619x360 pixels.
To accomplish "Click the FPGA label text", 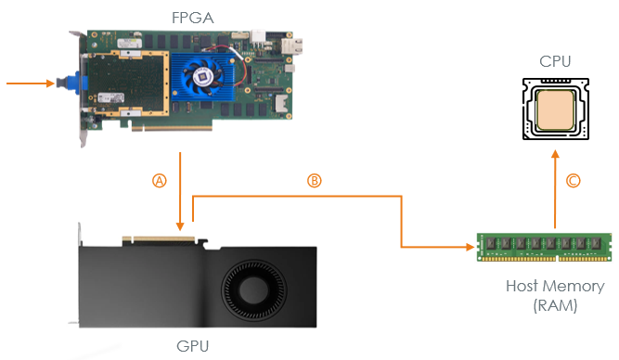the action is pyautogui.click(x=193, y=18).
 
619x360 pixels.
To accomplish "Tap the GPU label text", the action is pyautogui.click(x=193, y=346).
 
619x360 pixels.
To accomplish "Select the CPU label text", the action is pyautogui.click(x=555, y=61).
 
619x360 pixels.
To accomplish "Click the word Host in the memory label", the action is pyautogui.click(x=522, y=286).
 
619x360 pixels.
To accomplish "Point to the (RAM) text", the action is pyautogui.click(x=555, y=305).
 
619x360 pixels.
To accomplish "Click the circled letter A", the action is pyautogui.click(x=160, y=181).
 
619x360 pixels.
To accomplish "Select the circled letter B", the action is pyautogui.click(x=315, y=180).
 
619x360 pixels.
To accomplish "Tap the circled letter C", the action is pyautogui.click(x=574, y=181).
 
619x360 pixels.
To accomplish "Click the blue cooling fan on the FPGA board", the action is pyautogui.click(x=202, y=77).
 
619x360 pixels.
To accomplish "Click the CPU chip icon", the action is pyautogui.click(x=556, y=109).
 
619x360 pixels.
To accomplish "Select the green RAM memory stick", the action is pyautogui.click(x=544, y=247).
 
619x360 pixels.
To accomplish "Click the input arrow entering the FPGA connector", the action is pyautogui.click(x=31, y=84).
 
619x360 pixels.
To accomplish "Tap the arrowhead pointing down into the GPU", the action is pyautogui.click(x=180, y=226).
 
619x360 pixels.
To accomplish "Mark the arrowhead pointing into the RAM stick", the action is pyautogui.click(x=471, y=248).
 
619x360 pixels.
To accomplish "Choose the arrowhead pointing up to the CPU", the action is pyautogui.click(x=556, y=154).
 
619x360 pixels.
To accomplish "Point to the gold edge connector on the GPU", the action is pyautogui.click(x=159, y=239).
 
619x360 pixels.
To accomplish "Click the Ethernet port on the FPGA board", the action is pyautogui.click(x=292, y=46).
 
